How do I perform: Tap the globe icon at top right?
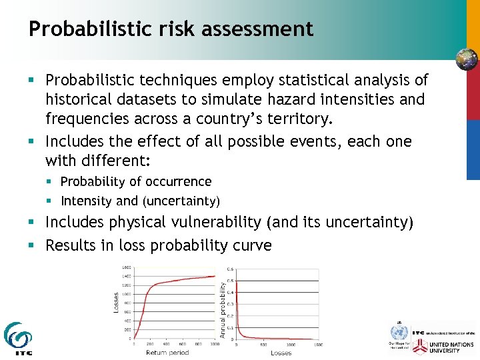pyautogui.click(x=466, y=60)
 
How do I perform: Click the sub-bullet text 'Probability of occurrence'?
pyautogui.click(x=136, y=181)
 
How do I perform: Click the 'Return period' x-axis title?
pyautogui.click(x=167, y=352)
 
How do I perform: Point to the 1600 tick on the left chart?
pyautogui.click(x=126, y=267)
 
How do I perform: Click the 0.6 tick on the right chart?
pyautogui.click(x=231, y=269)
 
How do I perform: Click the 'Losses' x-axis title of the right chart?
pyautogui.click(x=281, y=353)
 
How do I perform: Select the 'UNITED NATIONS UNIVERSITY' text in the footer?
pyautogui.click(x=453, y=347)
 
